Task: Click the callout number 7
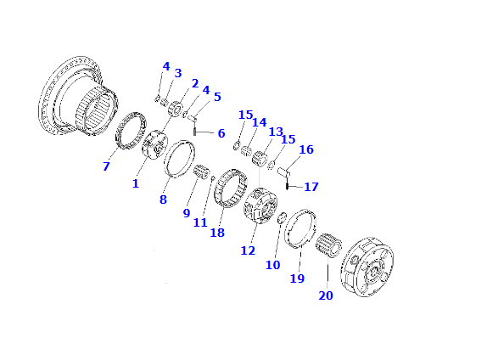point(106,166)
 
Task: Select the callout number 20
point(326,295)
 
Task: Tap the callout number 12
point(248,250)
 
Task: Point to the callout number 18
point(217,233)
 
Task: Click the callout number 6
point(221,133)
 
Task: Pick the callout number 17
point(311,187)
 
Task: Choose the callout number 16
point(306,149)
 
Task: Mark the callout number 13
point(276,132)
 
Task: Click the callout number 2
point(195,83)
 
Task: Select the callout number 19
point(297,278)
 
